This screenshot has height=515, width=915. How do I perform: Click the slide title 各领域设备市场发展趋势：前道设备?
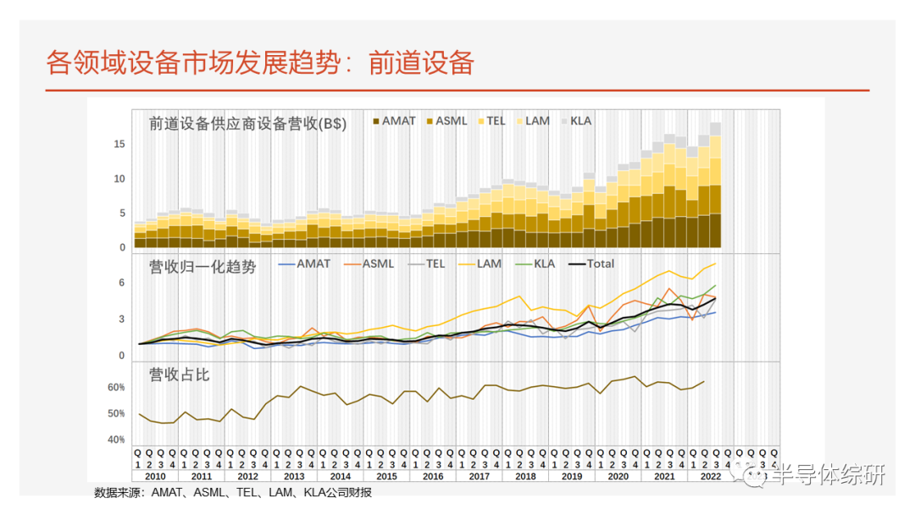259,64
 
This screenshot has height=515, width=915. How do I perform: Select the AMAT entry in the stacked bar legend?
393,121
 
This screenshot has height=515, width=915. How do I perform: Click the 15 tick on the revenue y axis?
119,145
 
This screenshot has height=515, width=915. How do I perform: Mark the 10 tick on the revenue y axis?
119,179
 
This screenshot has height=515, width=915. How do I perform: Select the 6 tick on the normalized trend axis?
121,283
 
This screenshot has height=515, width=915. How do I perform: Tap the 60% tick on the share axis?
116,387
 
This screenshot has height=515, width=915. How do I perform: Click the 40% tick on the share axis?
116,440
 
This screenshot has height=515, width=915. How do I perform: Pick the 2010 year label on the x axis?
154,477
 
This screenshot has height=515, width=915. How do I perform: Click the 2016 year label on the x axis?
432,477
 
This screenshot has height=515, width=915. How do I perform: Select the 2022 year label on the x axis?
710,477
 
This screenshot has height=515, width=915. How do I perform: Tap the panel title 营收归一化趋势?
202,267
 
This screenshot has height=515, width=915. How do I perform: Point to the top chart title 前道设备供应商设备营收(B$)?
247,123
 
